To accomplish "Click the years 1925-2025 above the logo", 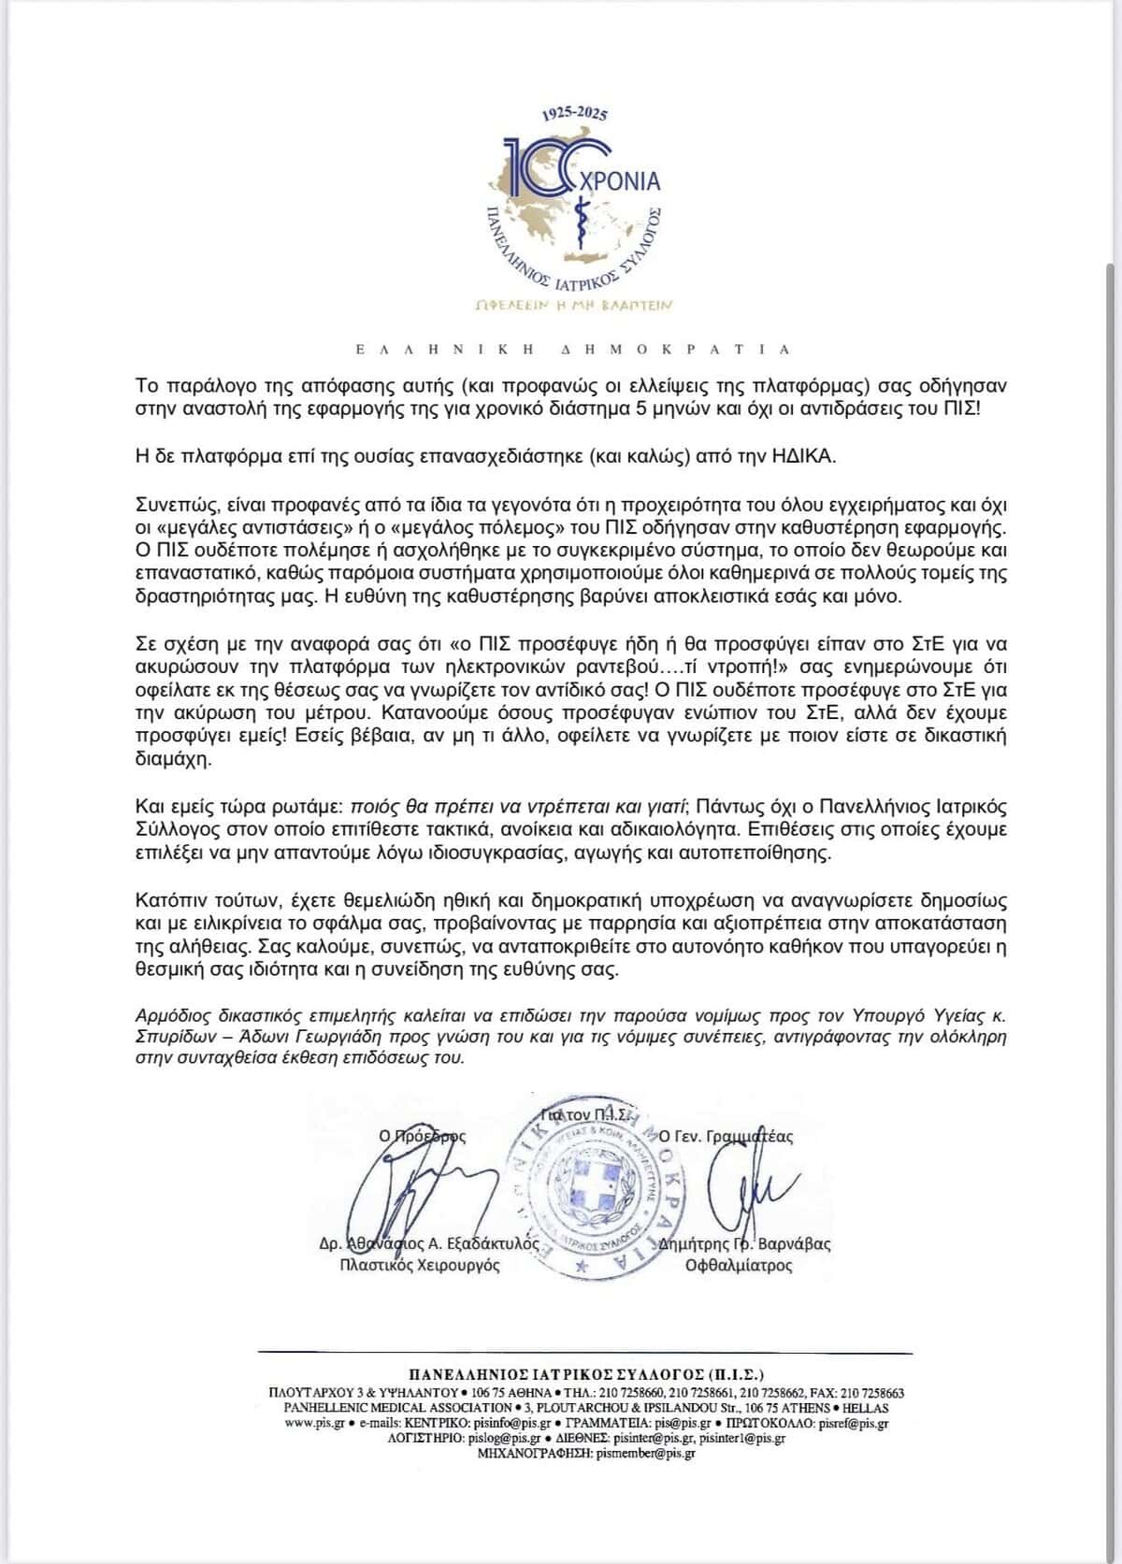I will point(574,114).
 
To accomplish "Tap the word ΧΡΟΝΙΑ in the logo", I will point(620,181).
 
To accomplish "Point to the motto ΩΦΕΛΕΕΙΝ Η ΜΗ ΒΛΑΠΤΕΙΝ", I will point(575,305).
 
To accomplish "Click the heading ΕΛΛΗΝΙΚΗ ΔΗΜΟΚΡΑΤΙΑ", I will point(573,349).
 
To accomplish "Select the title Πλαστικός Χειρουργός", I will point(420,1265).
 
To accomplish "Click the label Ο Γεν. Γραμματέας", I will point(726,1136).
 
